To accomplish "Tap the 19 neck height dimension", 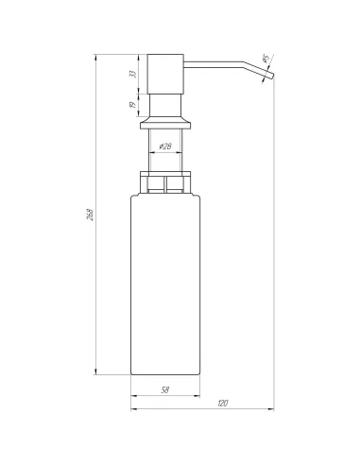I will pos(132,105).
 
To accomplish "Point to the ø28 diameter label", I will pos(162,147).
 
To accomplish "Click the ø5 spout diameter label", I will pos(266,59).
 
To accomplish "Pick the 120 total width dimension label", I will pos(222,405).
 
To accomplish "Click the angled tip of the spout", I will pos(266,77).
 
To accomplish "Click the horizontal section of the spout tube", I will pos(217,65).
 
